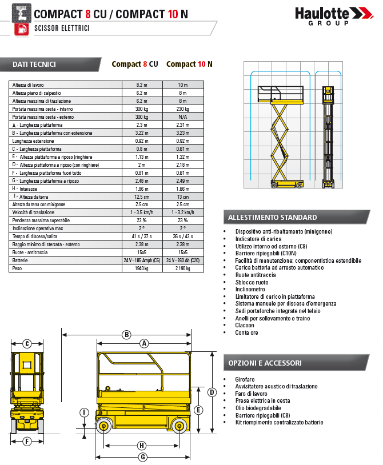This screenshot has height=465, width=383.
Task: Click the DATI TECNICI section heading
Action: point(34,64)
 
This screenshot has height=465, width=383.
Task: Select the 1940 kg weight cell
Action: point(142,268)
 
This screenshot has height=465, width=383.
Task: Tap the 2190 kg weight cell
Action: point(182,268)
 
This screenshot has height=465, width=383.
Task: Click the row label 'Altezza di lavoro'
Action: point(28,85)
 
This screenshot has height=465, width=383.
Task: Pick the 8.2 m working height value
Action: point(142,85)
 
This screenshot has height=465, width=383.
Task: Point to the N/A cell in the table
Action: point(182,117)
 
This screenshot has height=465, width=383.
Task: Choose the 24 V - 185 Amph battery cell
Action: point(142,260)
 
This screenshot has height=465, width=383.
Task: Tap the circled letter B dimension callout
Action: point(127,335)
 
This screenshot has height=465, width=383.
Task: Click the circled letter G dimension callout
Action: point(143,456)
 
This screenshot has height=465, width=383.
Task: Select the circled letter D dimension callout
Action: point(212,392)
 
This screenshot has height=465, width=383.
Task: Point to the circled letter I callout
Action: point(84,412)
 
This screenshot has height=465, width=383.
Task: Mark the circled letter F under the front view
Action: point(27,441)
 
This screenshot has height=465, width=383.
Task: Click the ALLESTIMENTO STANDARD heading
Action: point(272,217)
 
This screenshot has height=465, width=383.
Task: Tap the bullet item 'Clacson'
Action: point(245,325)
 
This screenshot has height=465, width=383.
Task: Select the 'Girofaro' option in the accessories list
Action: point(245,379)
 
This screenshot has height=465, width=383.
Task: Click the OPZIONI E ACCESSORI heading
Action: point(265,363)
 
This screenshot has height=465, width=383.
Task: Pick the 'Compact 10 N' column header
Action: point(189,64)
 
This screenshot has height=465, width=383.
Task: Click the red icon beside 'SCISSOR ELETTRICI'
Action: point(21,28)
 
